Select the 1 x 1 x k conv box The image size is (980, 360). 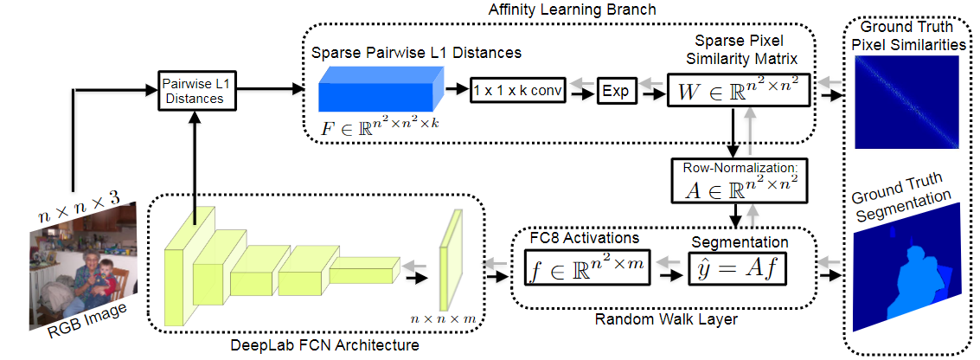coord(517,90)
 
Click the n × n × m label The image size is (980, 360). coord(444,318)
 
